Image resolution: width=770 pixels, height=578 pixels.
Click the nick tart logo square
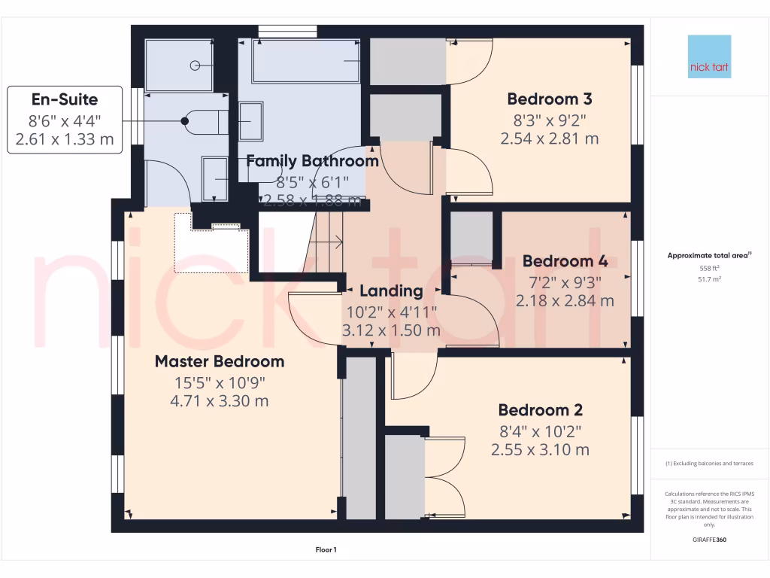point(709,56)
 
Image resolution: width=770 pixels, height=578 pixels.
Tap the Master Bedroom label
point(220,361)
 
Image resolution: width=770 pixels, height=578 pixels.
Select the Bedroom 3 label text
point(549,99)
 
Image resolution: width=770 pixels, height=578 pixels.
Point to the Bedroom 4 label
point(565,261)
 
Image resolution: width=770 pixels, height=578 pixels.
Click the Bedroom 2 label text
point(540,410)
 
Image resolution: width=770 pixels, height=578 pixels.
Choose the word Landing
point(391,291)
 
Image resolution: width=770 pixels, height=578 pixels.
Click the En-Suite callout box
point(65,119)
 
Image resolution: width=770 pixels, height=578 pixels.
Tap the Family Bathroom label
point(312,160)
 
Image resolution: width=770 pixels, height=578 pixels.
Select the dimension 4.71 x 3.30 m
point(220,401)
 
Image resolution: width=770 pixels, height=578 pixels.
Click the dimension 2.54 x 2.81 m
point(549,138)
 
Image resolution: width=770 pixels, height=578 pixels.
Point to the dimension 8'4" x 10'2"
point(540,430)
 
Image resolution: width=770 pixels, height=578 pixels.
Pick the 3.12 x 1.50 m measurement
point(391,330)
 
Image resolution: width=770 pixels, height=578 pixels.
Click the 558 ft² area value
point(709,268)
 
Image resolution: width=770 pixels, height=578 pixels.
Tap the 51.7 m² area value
point(709,278)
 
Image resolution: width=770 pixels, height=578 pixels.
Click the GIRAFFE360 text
point(709,540)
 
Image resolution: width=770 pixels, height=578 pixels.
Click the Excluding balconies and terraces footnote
point(709,463)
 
